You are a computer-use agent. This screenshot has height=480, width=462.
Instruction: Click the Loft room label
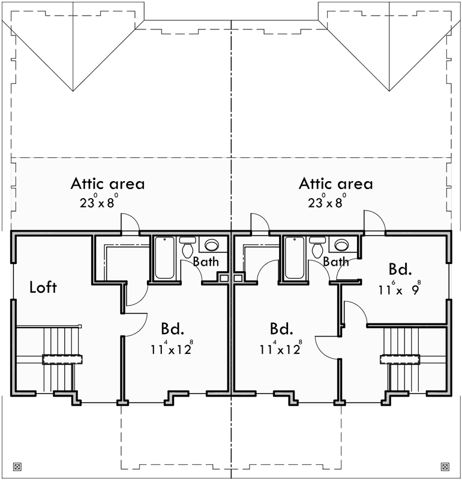coord(43,287)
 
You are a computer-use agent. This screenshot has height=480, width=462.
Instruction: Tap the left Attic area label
coord(108,184)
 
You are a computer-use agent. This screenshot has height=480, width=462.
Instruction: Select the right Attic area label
coord(335,184)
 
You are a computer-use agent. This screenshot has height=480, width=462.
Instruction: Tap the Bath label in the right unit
coord(335,262)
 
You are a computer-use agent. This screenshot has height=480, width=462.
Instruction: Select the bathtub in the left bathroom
coord(165,258)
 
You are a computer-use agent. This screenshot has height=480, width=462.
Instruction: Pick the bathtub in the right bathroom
coord(295,258)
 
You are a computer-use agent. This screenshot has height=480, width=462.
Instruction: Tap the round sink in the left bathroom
coord(212,245)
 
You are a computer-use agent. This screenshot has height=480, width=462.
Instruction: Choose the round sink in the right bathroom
coord(341,245)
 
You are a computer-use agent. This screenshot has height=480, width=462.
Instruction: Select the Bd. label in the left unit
coord(172,329)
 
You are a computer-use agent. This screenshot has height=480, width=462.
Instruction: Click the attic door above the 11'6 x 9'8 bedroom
coord(373,222)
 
